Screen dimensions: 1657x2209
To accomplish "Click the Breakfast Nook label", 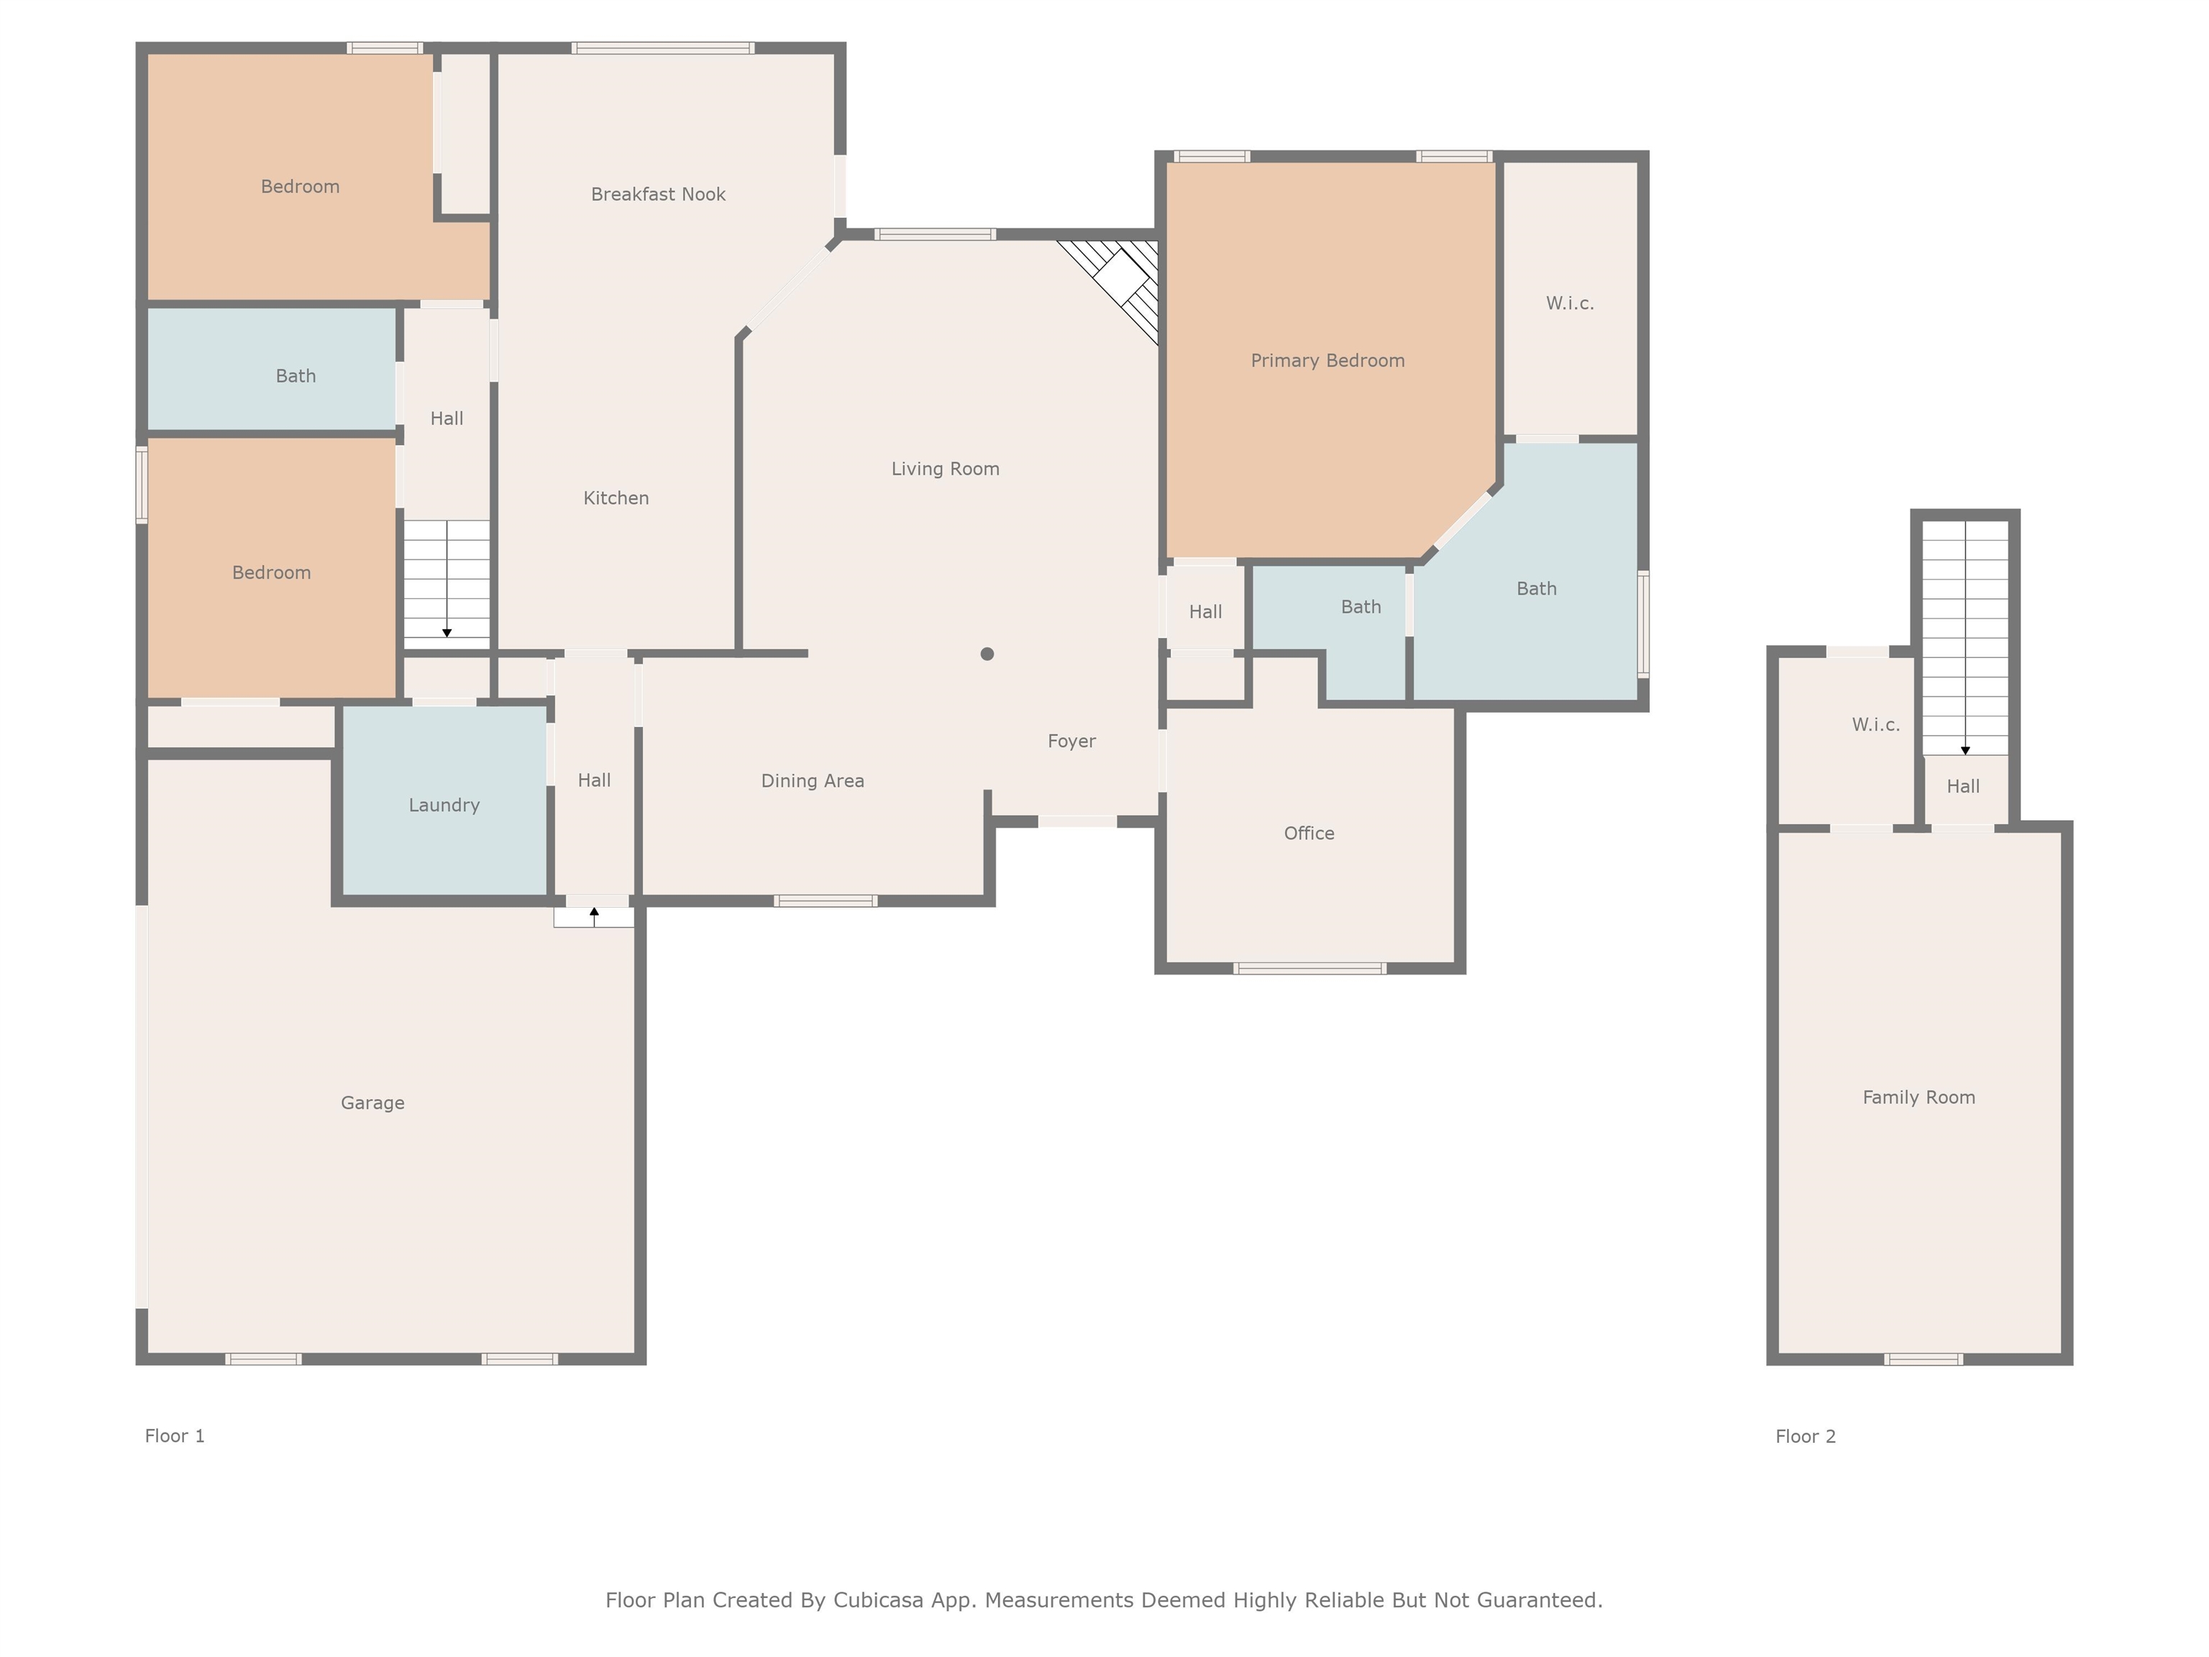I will click(657, 193).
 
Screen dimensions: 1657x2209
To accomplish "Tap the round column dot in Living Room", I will click(987, 654).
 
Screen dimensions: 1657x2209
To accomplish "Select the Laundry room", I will click(444, 804).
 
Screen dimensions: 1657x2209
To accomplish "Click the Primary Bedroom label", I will click(1327, 360).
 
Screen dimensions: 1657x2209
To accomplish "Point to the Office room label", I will click(1308, 833).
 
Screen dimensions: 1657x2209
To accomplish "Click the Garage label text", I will click(372, 1103).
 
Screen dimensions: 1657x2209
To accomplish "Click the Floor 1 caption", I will click(175, 1435).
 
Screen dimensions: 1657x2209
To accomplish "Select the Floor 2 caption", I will click(1805, 1436).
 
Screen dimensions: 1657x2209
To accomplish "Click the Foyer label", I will click(1071, 741).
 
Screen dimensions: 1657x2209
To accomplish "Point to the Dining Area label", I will click(812, 781).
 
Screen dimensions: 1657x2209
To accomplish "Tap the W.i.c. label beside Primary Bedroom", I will click(1569, 303).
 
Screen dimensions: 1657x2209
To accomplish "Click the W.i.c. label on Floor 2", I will click(1875, 724).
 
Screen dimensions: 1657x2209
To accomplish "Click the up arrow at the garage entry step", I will click(594, 915).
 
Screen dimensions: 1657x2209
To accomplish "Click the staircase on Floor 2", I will click(1965, 639).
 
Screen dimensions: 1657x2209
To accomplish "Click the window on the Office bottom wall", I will click(1309, 968).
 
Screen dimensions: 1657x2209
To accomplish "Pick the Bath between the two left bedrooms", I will click(295, 375).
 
